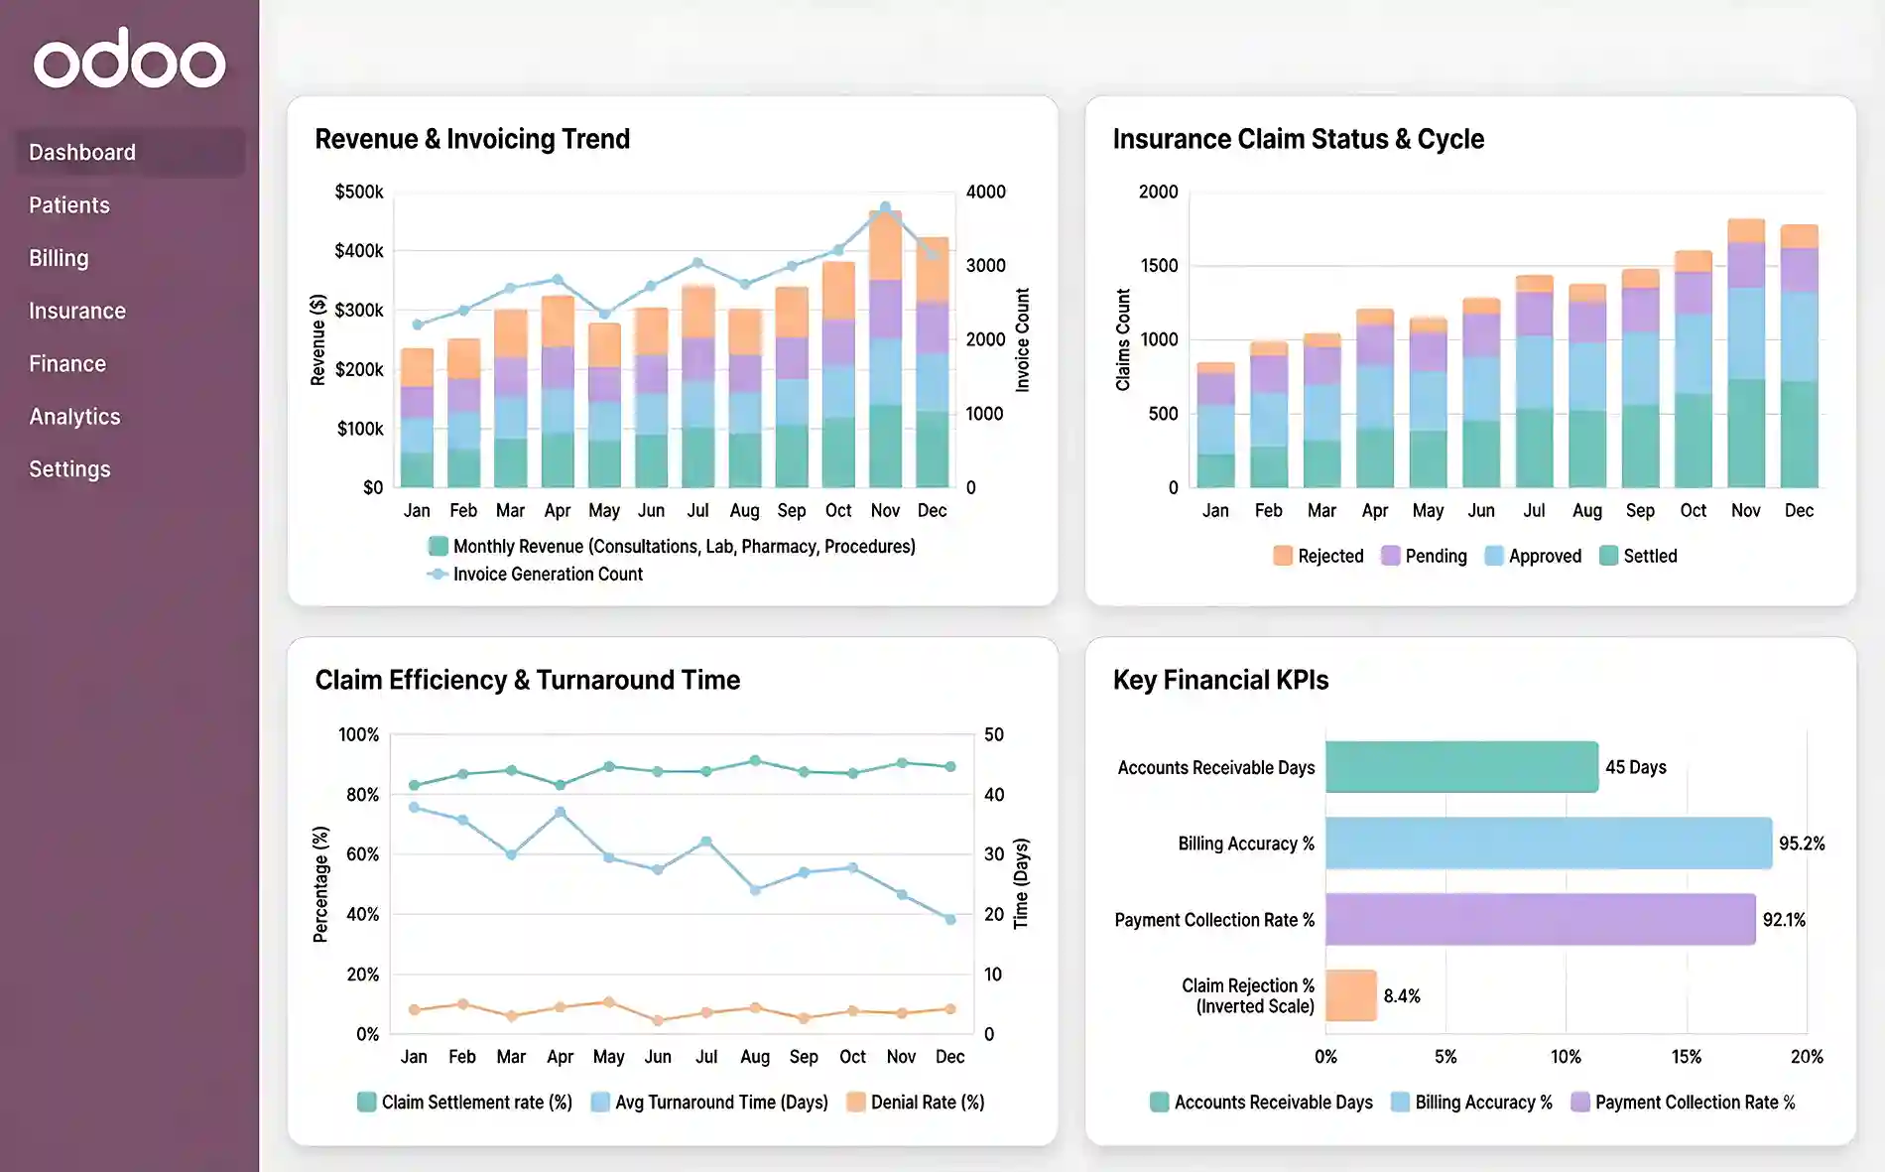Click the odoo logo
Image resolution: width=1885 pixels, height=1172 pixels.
pos(129,60)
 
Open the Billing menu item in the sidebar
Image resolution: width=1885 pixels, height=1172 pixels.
pos(59,258)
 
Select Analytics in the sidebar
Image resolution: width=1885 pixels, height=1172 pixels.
pos(74,417)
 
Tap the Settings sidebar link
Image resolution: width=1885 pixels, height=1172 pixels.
pos(69,469)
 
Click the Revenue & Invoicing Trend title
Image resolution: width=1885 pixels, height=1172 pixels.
pos(472,139)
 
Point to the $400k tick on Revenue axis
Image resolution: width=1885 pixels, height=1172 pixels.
pos(359,251)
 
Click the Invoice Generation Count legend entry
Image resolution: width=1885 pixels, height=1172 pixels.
pos(547,575)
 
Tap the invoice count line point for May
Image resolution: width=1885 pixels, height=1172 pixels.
pos(604,315)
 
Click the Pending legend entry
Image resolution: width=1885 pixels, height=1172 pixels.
pos(1435,557)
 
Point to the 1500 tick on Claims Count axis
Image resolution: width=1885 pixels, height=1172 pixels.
pos(1159,266)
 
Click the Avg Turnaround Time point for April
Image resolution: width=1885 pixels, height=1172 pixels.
pos(561,812)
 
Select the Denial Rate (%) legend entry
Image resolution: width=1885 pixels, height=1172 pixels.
pos(926,1103)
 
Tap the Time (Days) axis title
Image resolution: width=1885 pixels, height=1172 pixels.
pos(1021,883)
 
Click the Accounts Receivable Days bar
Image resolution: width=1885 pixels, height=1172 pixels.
pos(1460,767)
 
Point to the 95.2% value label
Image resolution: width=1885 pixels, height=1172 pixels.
pos(1801,844)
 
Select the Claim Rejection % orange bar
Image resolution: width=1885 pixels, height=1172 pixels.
pos(1350,995)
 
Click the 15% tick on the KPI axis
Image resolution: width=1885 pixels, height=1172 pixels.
pos(1686,1057)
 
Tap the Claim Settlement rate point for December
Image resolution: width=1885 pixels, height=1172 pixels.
pos(949,766)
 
